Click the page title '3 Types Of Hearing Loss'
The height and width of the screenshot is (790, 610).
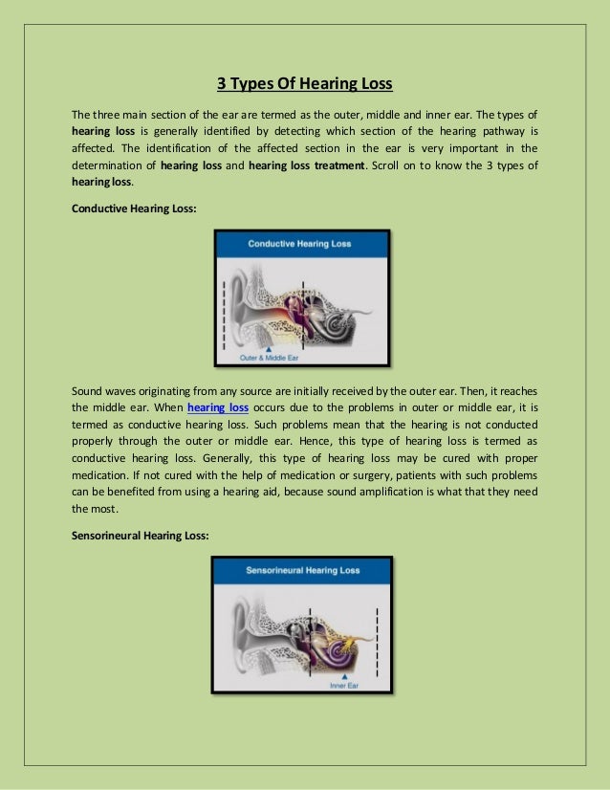(x=304, y=83)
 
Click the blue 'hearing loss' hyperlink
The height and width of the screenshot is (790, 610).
(x=218, y=406)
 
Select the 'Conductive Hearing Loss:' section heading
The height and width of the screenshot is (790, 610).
(x=134, y=208)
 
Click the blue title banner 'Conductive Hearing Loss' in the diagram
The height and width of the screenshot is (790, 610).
(x=300, y=244)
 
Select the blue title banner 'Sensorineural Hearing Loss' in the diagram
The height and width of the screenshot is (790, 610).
(x=301, y=571)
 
